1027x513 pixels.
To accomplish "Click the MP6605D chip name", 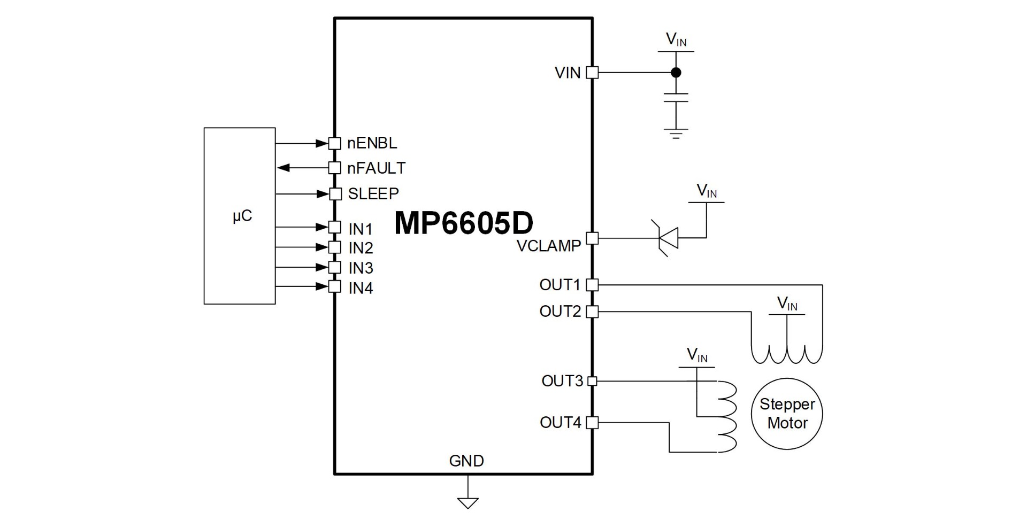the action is [x=464, y=223].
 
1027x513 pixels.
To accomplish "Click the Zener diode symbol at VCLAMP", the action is [x=665, y=238].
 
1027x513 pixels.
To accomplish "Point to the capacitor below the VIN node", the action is [x=676, y=97].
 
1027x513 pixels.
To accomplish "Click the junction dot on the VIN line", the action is [x=676, y=72].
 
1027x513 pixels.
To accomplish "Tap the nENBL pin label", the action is [x=372, y=143].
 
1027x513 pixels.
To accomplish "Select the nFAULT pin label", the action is [x=377, y=168].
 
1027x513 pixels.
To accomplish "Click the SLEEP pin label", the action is [x=373, y=193].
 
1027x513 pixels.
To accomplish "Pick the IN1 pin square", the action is [x=335, y=227].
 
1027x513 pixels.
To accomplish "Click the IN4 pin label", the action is [x=361, y=288].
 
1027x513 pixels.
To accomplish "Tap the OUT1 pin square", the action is [x=592, y=285].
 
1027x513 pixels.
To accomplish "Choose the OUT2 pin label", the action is [x=560, y=311].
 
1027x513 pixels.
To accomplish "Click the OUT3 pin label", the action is [x=562, y=381].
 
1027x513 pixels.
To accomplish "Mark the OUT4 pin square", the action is [x=592, y=423].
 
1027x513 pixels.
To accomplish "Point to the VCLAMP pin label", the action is [x=549, y=246].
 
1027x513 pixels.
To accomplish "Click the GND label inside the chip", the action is [x=466, y=461].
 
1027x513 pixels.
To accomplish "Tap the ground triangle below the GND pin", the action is [x=467, y=503].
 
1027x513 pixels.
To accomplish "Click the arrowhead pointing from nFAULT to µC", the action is [x=283, y=168].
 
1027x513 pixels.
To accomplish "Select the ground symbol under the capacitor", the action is [x=676, y=133].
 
